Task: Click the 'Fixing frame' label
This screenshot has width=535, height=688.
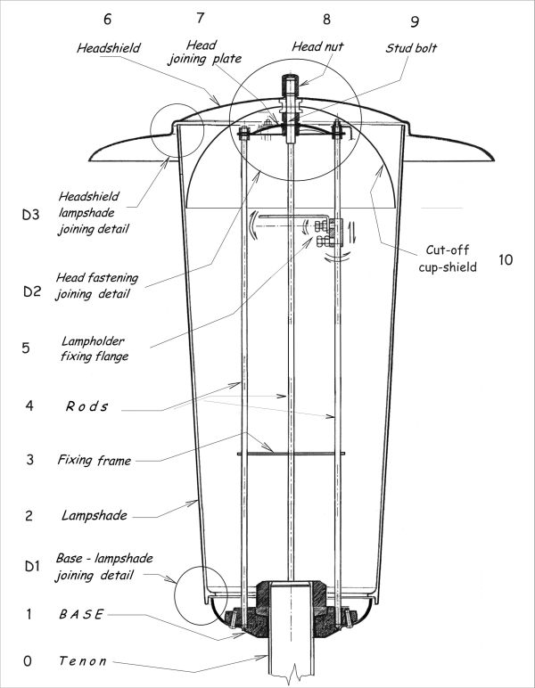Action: pyautogui.click(x=94, y=461)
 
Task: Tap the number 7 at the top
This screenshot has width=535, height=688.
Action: pyautogui.click(x=200, y=17)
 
